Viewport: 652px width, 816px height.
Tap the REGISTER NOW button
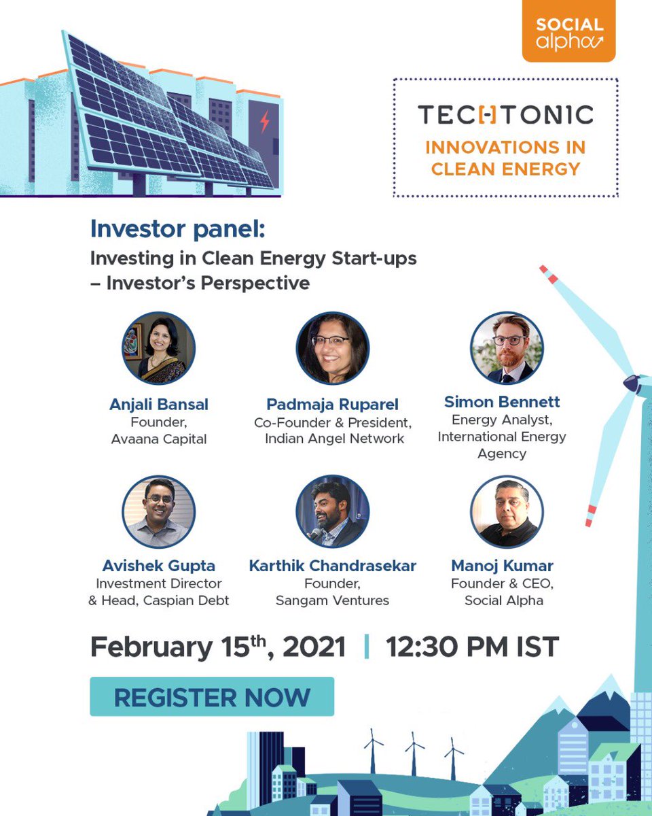point(212,696)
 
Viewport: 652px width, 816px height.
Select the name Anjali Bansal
point(159,405)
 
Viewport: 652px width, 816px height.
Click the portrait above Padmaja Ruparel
point(333,348)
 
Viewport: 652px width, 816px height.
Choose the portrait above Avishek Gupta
point(159,511)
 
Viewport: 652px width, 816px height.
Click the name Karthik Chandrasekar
point(333,566)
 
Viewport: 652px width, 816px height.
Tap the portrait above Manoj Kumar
point(507,511)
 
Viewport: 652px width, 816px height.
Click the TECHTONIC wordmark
point(505,115)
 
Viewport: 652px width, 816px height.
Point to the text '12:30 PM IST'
point(472,647)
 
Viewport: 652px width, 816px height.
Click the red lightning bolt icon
point(264,122)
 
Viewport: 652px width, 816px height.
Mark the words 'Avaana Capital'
point(159,439)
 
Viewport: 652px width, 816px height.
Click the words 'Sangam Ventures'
point(333,600)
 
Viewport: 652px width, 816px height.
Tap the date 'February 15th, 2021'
point(217,647)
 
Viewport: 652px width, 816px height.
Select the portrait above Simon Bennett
point(507,348)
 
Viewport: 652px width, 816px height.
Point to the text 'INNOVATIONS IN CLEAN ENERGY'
point(505,158)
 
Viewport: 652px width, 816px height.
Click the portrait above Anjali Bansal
point(159,348)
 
